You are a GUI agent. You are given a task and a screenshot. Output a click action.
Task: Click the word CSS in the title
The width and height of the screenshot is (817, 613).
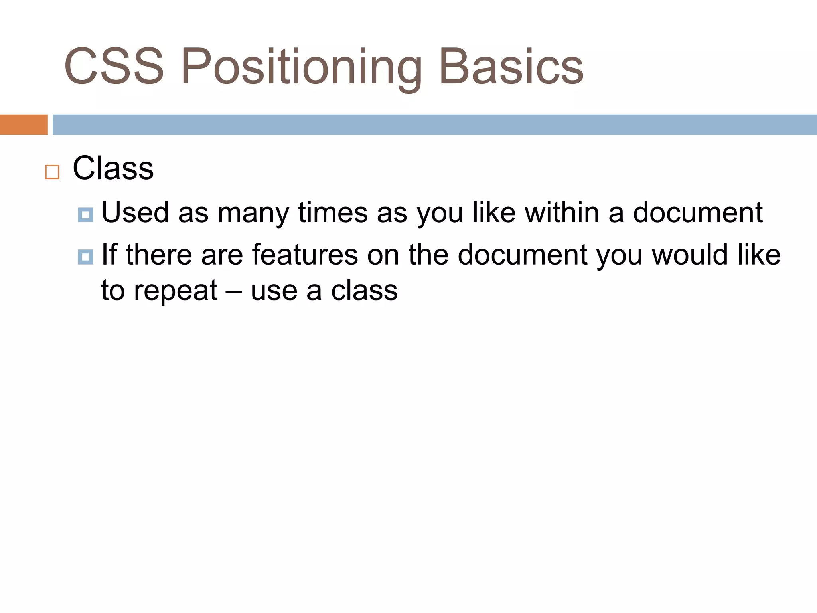pyautogui.click(x=114, y=66)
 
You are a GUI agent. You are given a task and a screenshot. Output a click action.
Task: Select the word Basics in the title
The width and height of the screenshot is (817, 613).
pyautogui.click(x=511, y=66)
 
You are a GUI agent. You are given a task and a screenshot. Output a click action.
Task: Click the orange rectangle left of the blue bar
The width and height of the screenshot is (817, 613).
pyautogui.click(x=24, y=125)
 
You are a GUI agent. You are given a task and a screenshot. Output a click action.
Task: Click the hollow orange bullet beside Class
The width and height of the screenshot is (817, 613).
pyautogui.click(x=52, y=172)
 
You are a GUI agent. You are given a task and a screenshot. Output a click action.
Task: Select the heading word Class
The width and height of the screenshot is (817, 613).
pyautogui.click(x=113, y=168)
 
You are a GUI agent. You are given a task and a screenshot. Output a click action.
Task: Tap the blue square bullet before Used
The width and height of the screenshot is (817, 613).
pyautogui.click(x=85, y=215)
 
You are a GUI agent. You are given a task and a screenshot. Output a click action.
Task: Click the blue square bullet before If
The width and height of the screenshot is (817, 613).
pyautogui.click(x=85, y=257)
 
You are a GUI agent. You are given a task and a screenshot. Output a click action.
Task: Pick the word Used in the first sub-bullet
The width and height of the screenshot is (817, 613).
pyautogui.click(x=135, y=212)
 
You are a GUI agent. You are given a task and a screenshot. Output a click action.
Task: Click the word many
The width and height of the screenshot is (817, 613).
pyautogui.click(x=253, y=214)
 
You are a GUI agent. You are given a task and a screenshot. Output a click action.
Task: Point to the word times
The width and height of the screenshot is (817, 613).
pyautogui.click(x=333, y=212)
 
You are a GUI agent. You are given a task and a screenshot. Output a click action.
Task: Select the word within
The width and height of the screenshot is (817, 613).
pyautogui.click(x=562, y=212)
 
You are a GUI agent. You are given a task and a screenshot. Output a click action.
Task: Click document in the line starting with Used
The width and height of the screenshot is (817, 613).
pyautogui.click(x=698, y=212)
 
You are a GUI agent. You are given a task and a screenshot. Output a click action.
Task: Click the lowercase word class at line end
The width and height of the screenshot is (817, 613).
pyautogui.click(x=364, y=291)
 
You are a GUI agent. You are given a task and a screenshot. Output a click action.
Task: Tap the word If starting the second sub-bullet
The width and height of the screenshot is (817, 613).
pyautogui.click(x=109, y=255)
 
